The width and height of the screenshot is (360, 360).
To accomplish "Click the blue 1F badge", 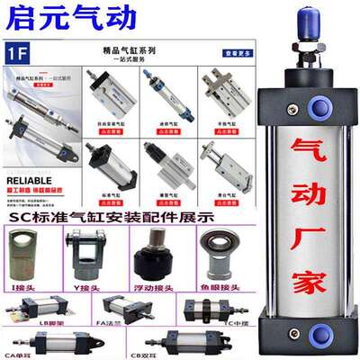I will point(21,51).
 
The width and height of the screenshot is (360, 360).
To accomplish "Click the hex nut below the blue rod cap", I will point(307,46).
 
